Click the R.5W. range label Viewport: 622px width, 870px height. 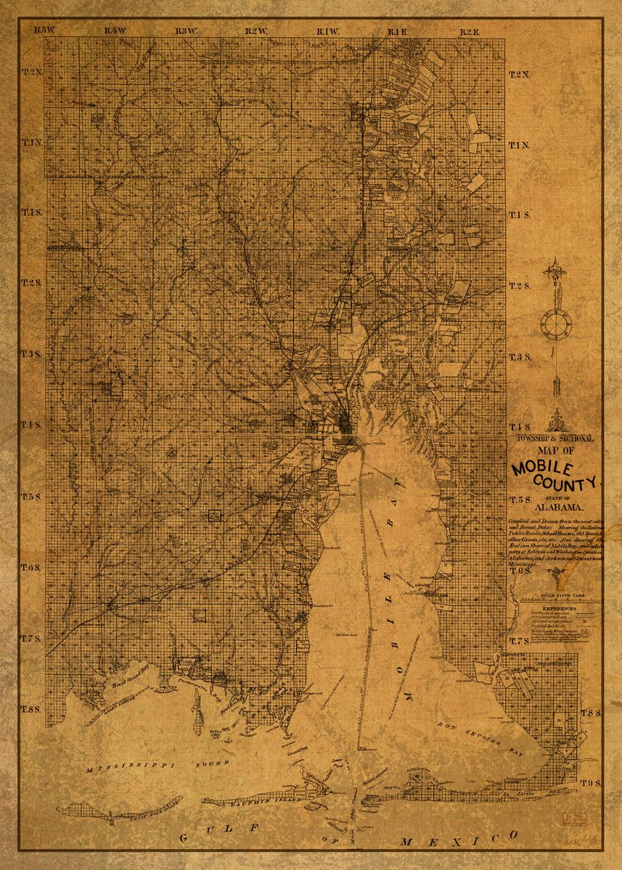[x=44, y=30]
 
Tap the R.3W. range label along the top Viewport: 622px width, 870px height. [x=187, y=30]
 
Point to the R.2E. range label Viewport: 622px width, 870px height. [x=470, y=30]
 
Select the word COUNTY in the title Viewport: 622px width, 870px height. [x=568, y=482]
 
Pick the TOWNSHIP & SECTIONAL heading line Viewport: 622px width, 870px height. [x=555, y=439]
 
